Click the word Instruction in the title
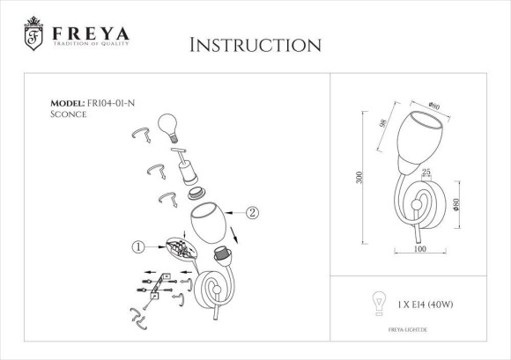(255, 44)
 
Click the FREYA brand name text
(90, 34)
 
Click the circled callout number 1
(137, 246)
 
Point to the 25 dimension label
(426, 173)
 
